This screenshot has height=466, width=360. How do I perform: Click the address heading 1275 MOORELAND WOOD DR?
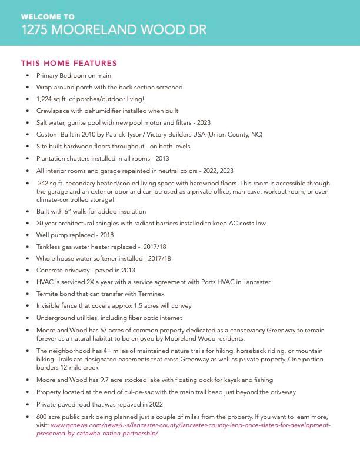click(x=114, y=29)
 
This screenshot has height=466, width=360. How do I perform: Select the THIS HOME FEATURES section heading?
click(x=69, y=63)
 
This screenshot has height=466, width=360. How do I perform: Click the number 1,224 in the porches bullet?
click(x=45, y=99)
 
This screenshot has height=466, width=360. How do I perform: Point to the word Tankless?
click(x=49, y=247)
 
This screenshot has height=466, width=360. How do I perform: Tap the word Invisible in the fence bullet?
click(x=49, y=305)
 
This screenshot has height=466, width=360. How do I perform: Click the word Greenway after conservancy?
click(x=238, y=330)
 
